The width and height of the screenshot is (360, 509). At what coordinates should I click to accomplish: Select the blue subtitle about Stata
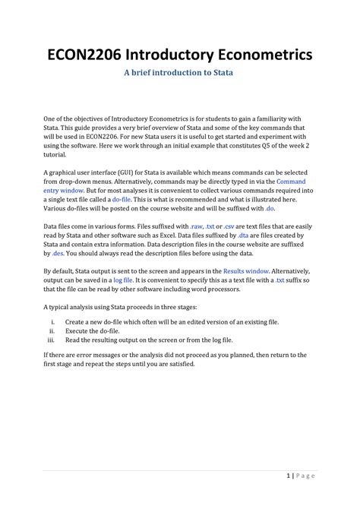tap(180, 73)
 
